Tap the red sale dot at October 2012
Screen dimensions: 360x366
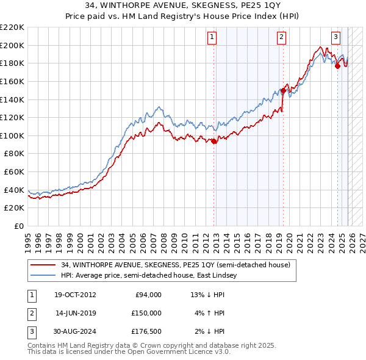coord(214,142)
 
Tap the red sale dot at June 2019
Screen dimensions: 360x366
coord(284,90)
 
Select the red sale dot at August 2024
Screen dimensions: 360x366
coord(337,67)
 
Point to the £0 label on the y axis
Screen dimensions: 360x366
coord(18,226)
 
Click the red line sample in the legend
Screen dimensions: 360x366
coord(43,265)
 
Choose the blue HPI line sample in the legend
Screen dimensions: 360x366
coord(43,276)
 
